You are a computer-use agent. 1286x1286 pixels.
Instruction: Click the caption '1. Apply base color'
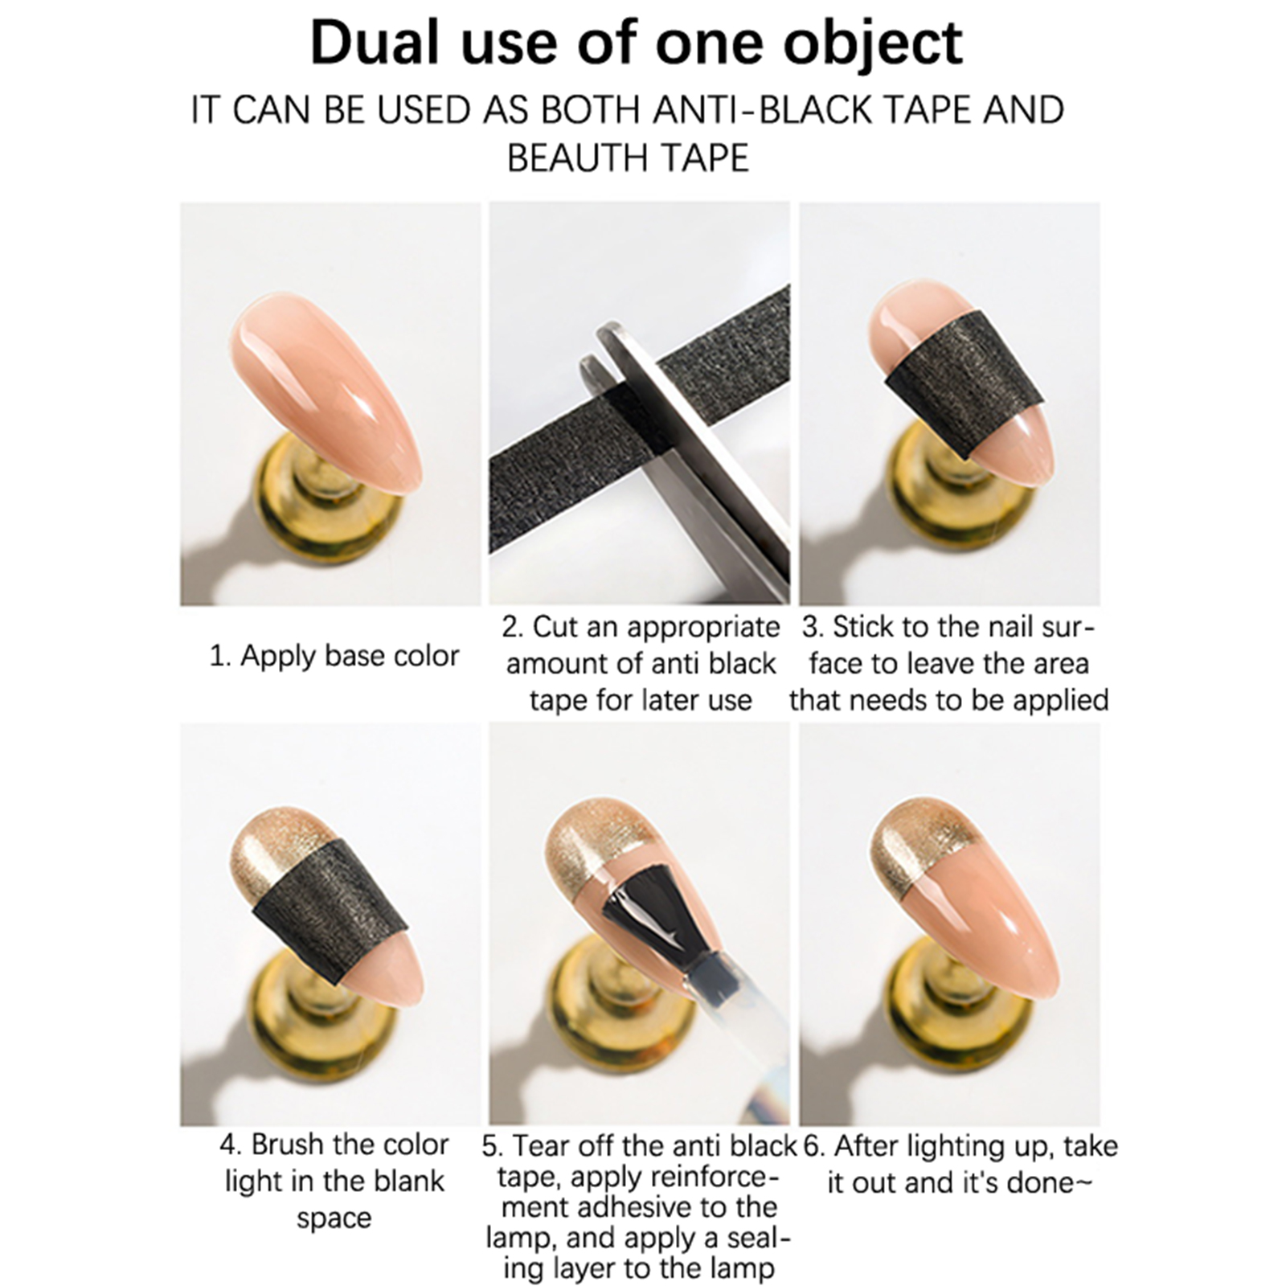click(334, 656)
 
